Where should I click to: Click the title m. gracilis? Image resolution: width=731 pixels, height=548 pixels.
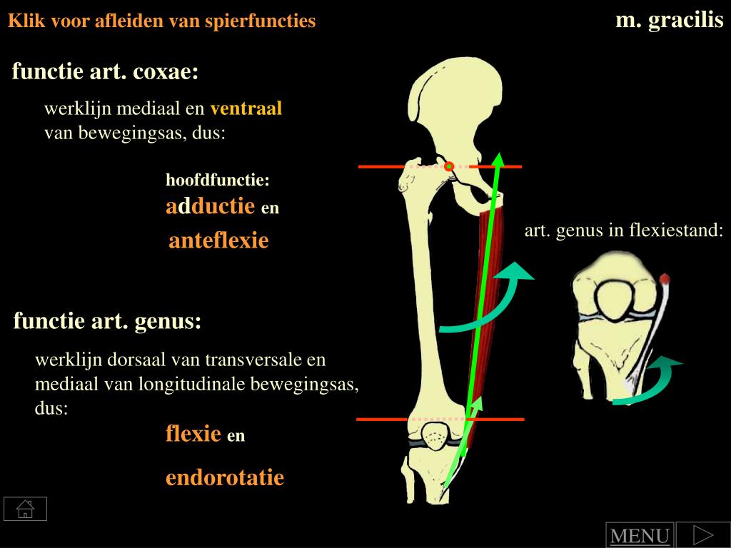pos(669,20)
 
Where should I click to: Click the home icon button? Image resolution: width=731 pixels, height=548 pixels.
pos(25,509)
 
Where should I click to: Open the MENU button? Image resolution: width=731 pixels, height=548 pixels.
pos(640,536)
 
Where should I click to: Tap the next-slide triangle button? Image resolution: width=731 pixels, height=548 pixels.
pos(702,534)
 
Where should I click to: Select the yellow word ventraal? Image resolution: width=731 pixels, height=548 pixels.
pos(246,108)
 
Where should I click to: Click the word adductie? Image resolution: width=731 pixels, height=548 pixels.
pos(210,206)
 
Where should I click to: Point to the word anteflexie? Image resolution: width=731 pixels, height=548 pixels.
pos(218,240)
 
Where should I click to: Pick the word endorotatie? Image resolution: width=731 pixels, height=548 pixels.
pos(225,477)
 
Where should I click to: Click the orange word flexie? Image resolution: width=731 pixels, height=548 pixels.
pos(193,433)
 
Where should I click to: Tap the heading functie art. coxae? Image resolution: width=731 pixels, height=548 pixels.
pos(105,71)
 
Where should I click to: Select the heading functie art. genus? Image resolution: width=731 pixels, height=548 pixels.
pos(107,321)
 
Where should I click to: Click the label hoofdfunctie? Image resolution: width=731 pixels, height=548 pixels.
pos(218,180)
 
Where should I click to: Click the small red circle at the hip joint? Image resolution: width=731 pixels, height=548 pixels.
pos(449,167)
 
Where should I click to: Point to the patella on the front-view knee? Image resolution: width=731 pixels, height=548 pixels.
pos(433,434)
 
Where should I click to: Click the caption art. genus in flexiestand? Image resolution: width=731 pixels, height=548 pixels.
pos(624,230)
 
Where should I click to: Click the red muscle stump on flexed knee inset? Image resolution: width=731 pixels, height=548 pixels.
pos(665,278)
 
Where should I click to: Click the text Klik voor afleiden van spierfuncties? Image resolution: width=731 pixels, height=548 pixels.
pos(161,21)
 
